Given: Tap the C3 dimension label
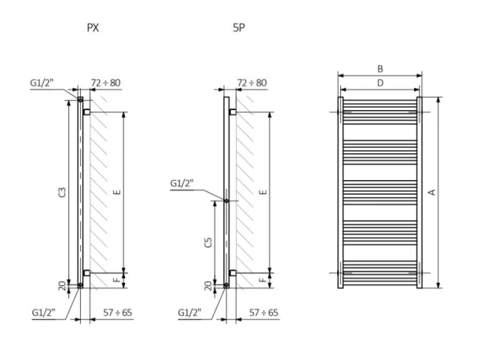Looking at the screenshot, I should [62, 192].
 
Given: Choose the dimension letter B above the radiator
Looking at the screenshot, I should [381, 68].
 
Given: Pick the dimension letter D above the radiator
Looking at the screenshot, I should [381, 82].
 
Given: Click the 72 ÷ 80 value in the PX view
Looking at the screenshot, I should [105, 82].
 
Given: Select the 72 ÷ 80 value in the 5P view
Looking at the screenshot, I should [251, 82].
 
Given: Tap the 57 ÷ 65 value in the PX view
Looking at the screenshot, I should [117, 312].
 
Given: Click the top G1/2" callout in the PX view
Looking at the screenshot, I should [45, 83].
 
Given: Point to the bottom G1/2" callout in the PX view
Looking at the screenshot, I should [45, 312].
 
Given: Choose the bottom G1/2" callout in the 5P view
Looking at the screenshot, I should [189, 312].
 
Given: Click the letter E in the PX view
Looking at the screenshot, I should [118, 192].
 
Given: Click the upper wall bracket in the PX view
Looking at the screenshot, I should [86, 112].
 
